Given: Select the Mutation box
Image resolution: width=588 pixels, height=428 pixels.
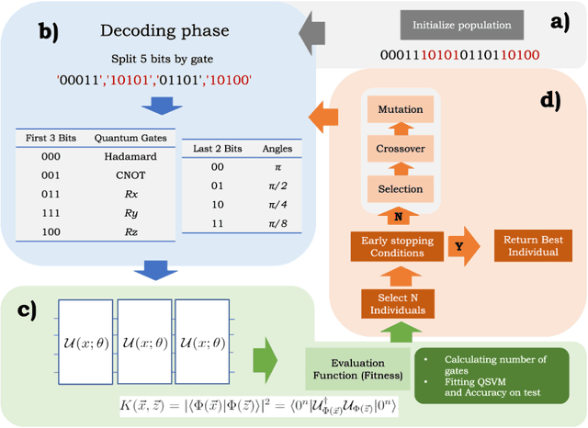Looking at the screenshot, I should point(400,110).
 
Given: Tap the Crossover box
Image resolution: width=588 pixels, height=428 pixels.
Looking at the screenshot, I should point(400,149).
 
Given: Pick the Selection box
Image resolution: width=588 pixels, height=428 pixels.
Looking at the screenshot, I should point(400,188).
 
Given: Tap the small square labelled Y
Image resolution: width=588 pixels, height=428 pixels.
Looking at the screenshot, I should point(458,245).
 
